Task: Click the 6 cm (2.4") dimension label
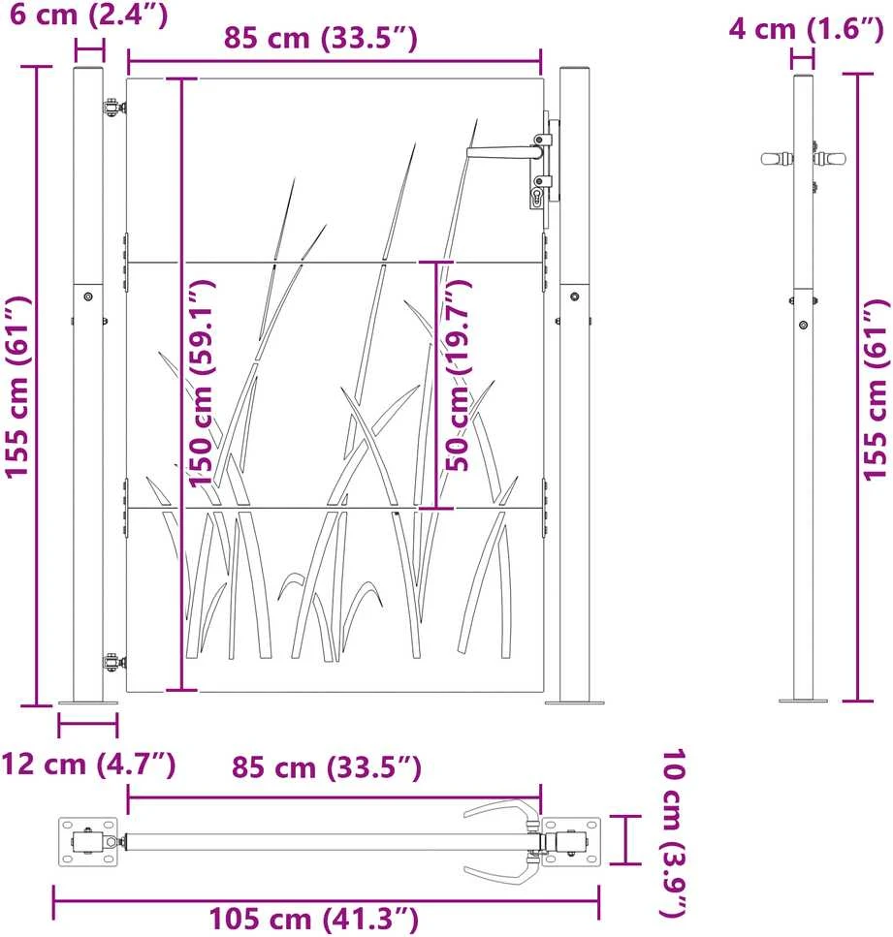(88, 14)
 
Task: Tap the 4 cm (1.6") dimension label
(806, 29)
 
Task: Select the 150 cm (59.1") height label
(202, 383)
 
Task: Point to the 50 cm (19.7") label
(459, 375)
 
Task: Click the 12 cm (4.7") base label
(88, 764)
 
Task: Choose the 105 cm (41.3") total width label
(313, 919)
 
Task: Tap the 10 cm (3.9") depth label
(674, 833)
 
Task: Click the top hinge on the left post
(114, 109)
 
